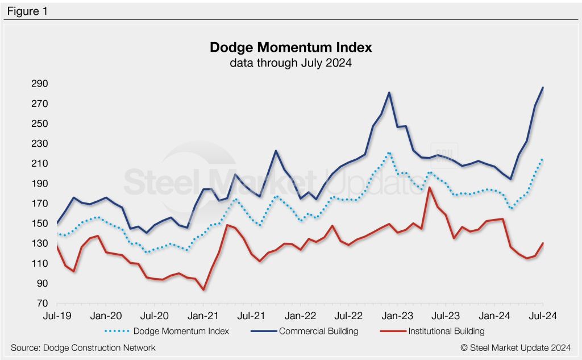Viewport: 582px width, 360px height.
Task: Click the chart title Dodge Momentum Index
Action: click(x=290, y=47)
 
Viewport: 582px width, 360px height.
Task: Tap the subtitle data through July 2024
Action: click(x=290, y=63)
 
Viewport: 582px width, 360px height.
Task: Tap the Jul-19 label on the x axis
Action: click(x=57, y=315)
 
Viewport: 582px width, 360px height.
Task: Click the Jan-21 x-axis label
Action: click(x=203, y=315)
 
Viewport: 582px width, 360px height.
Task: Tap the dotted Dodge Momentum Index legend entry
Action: click(x=167, y=331)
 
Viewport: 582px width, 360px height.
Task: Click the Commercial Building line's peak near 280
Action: click(x=389, y=93)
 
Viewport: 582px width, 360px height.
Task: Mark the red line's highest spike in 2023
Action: click(x=430, y=188)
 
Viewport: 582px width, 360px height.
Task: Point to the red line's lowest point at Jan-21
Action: click(x=203, y=289)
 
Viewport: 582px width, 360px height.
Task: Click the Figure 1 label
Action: click(x=27, y=11)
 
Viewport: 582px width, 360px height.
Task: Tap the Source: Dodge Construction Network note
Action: click(x=83, y=347)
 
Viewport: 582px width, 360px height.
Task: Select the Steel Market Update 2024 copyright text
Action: click(x=516, y=347)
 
